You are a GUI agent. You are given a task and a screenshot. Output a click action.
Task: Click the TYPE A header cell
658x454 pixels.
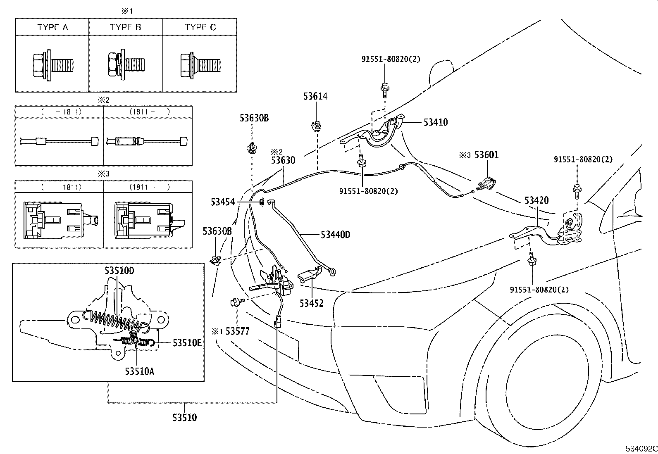pos(52,27)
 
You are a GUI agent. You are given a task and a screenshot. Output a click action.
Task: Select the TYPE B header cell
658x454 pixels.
pos(126,27)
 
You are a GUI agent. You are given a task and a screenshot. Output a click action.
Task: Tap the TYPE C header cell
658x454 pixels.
pos(200,27)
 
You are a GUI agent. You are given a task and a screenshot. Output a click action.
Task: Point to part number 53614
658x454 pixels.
pos(315,96)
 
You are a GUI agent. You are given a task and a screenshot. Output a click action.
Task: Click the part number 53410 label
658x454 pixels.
pos(436,122)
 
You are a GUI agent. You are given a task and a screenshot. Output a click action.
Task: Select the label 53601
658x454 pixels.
pos(486,155)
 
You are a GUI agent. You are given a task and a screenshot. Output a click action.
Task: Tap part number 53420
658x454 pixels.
pos(536,200)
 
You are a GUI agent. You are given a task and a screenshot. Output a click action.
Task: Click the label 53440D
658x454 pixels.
pos(335,235)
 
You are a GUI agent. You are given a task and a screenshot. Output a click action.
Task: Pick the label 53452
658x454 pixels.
pos(312,303)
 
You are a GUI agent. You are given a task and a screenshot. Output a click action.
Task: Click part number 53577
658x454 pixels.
pos(238,331)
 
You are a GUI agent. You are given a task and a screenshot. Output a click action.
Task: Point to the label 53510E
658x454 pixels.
pos(187,342)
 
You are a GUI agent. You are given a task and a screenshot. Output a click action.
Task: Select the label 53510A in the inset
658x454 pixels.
pos(140,371)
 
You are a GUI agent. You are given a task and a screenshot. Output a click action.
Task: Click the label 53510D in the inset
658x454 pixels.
pos(119,271)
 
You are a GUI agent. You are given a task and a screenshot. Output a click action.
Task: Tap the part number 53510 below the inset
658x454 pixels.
pos(185,417)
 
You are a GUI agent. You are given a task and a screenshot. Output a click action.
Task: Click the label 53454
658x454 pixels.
pos(223,202)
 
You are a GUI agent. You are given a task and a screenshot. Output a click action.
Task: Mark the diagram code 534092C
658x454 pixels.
pos(641,449)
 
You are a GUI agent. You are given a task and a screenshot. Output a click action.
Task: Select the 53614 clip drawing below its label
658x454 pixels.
pos(316,125)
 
